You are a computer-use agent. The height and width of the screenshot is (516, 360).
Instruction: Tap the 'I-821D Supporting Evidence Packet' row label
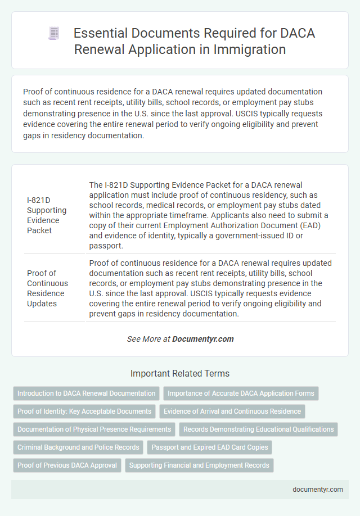point(47,210)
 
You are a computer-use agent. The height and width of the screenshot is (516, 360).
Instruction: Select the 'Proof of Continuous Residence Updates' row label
point(47,288)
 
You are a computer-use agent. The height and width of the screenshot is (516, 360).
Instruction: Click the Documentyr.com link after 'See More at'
point(202,339)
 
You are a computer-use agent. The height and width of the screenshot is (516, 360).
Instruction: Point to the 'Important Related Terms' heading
point(180,373)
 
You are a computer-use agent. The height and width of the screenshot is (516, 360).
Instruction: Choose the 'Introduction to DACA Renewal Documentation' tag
point(86,393)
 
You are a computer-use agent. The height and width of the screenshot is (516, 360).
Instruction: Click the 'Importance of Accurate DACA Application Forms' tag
point(241,393)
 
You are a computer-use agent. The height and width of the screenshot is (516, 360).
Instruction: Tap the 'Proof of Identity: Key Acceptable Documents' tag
point(84,411)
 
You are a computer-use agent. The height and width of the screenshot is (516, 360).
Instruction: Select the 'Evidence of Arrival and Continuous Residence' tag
point(232,411)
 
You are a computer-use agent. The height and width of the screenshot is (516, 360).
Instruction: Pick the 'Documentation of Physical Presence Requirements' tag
point(94,429)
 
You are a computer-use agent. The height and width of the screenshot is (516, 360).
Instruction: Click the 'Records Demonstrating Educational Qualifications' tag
point(258,429)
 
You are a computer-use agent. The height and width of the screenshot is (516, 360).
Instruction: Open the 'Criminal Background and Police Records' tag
point(78,447)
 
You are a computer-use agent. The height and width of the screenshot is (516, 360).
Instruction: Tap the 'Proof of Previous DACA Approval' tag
point(67,465)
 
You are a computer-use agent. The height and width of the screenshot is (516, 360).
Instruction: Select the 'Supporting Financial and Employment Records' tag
point(199,465)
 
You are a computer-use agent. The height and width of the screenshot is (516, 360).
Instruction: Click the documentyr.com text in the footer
point(318,489)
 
